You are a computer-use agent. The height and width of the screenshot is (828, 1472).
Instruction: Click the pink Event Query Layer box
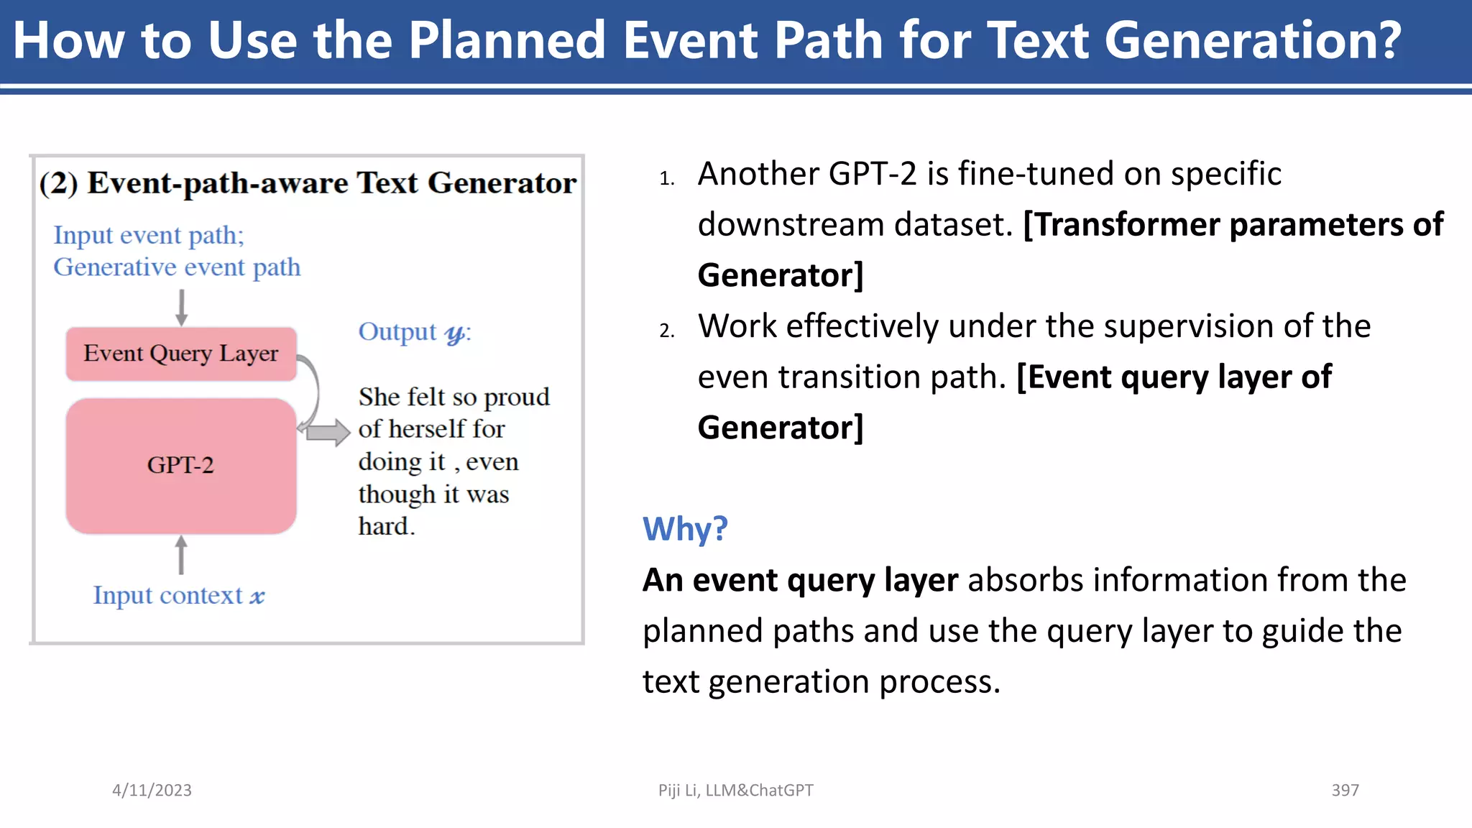(x=181, y=354)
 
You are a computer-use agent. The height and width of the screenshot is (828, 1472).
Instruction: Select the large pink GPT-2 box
(x=181, y=466)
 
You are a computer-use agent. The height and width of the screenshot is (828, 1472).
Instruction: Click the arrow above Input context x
(x=181, y=555)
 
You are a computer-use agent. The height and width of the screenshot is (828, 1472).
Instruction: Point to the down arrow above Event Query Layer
(x=181, y=308)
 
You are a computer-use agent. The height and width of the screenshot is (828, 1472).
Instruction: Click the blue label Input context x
(x=179, y=595)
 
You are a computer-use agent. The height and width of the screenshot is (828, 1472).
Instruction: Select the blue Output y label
(x=415, y=332)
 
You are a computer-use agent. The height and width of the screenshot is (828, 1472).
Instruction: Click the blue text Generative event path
(x=177, y=267)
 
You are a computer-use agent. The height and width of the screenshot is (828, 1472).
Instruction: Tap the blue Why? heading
(x=685, y=529)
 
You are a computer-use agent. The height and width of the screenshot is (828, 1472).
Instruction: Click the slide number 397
(x=1345, y=790)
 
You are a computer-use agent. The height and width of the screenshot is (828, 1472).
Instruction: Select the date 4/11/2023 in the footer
(x=152, y=790)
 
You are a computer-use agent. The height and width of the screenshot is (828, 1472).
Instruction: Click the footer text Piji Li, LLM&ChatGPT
(x=735, y=790)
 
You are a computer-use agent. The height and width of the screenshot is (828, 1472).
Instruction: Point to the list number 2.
(x=666, y=331)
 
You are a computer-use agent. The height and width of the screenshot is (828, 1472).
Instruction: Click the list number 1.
(x=666, y=178)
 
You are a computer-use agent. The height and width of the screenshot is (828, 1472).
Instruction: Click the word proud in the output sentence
(x=517, y=397)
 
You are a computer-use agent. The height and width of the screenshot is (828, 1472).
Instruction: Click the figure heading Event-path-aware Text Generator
(x=331, y=183)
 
